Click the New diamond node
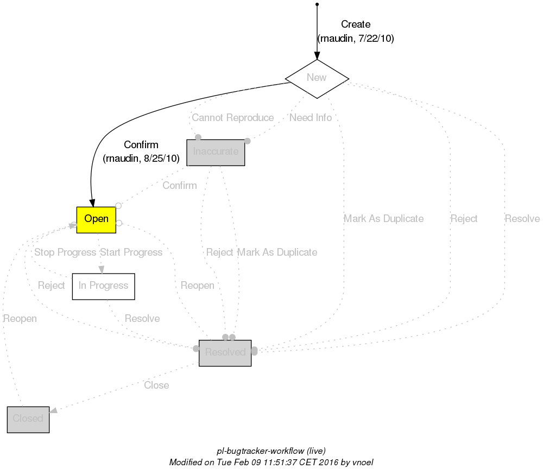[x=317, y=78]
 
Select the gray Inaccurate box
[x=216, y=152]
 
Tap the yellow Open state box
[x=96, y=220]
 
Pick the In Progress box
[x=103, y=286]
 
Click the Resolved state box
[x=225, y=353]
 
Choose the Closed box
[x=28, y=419]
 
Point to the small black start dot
[x=317, y=4]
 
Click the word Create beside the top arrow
[x=356, y=24]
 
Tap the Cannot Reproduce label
[x=232, y=118]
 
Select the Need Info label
[x=310, y=118]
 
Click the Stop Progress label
[x=65, y=252]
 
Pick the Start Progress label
[x=131, y=252]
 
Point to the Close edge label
[x=156, y=385]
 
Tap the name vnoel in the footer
[x=362, y=463]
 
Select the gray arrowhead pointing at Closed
[x=53, y=412]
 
